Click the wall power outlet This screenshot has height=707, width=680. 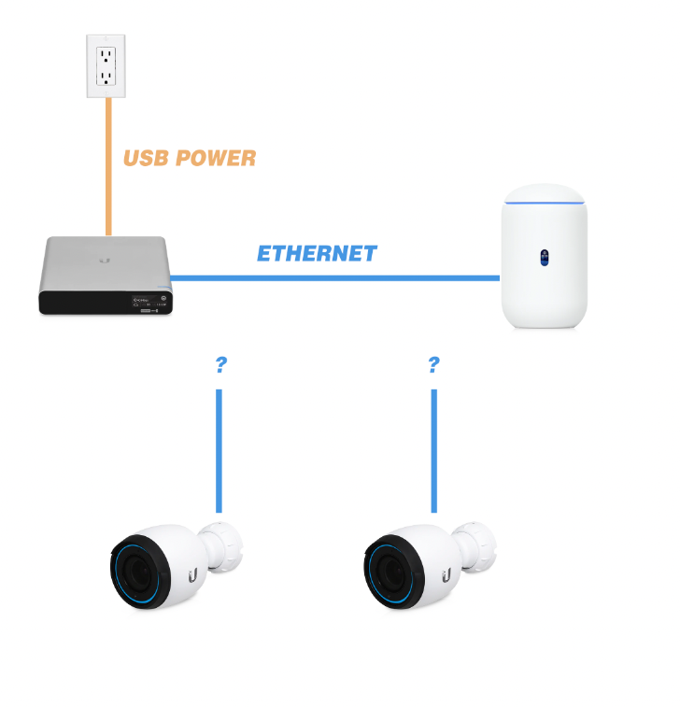[106, 65]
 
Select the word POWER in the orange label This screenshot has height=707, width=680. [217, 159]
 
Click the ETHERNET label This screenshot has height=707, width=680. [317, 254]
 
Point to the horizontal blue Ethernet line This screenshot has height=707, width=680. [336, 277]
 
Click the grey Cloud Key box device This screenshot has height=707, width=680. [106, 275]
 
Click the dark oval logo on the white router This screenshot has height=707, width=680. [545, 257]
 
